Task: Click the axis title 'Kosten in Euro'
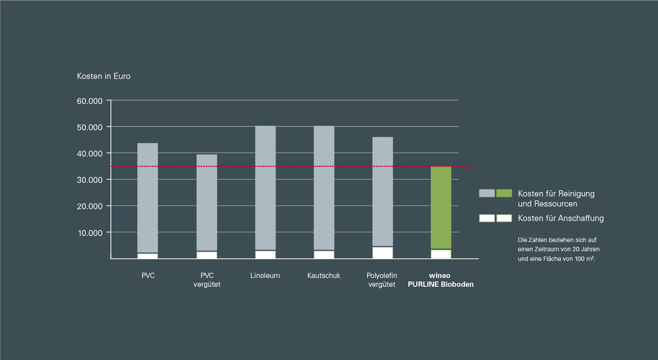pos(103,76)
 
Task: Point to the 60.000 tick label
pos(90,100)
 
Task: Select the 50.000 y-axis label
pos(90,127)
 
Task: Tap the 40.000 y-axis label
pos(90,154)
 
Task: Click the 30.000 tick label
pos(90,180)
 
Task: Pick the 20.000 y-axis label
pos(90,206)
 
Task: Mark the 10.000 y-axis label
pos(90,232)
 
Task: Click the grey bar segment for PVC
pos(148,198)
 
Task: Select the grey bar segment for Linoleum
pos(265,188)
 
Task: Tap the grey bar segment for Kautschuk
pos(324,188)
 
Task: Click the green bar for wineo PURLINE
pos(441,208)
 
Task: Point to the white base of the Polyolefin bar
pos(383,252)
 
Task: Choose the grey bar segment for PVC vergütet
pos(207,202)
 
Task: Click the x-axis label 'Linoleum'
pos(265,276)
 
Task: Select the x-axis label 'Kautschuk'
pos(324,276)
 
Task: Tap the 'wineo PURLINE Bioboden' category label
pos(441,280)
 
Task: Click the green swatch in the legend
pos(504,193)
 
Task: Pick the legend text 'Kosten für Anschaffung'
pos(561,218)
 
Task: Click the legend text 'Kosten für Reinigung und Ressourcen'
pos(556,198)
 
